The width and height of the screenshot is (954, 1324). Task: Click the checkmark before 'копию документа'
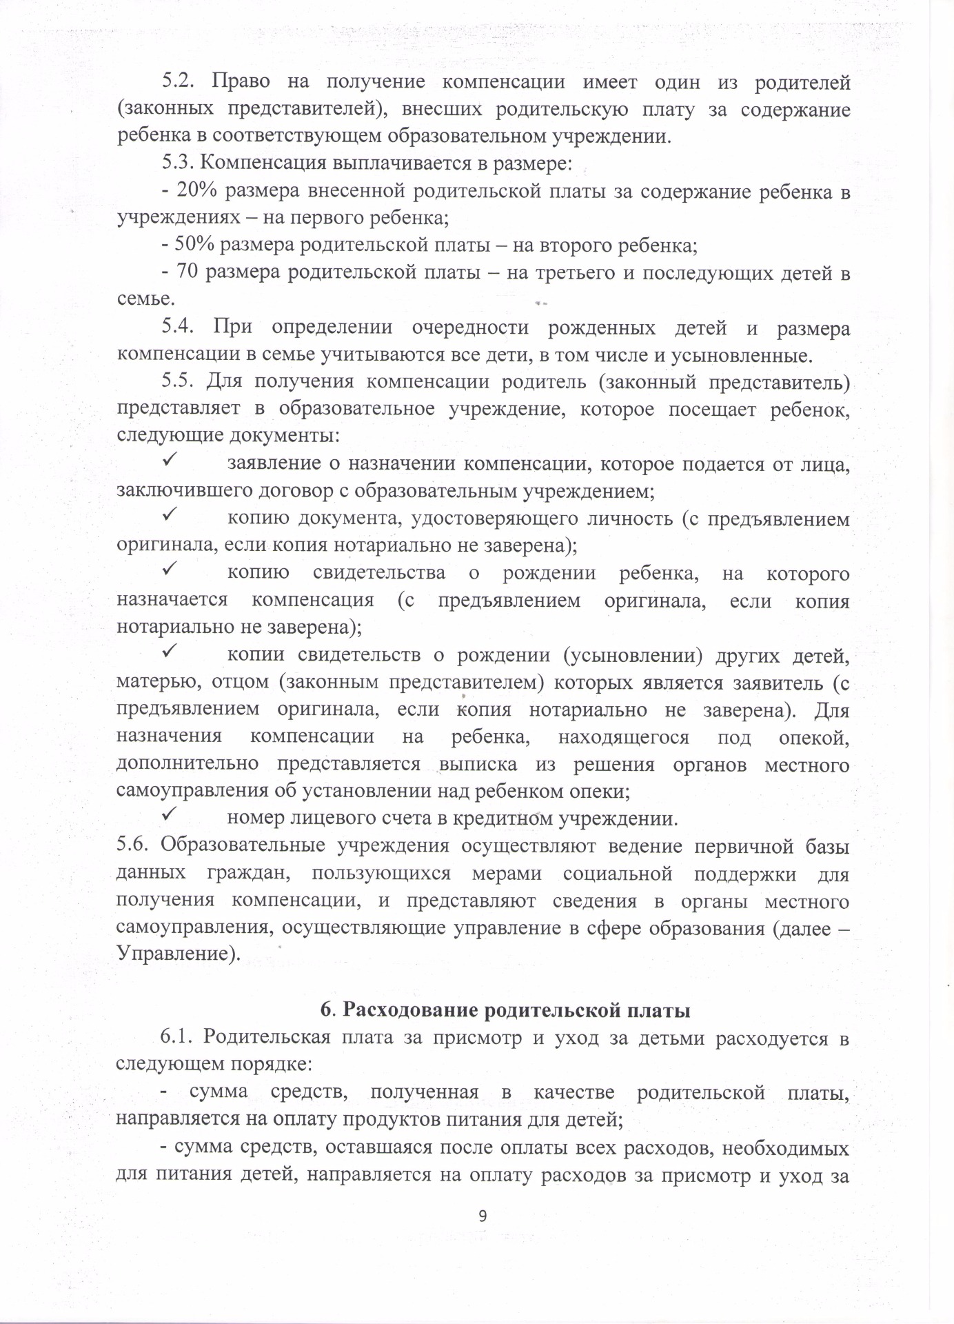168,514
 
